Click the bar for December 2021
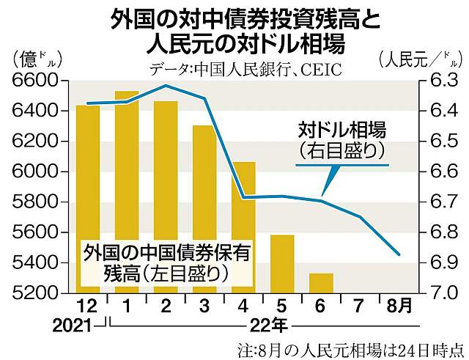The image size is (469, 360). pos(87,198)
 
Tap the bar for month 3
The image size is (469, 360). pos(204,208)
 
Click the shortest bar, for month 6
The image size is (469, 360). pos(320,282)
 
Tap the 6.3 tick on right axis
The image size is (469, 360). pos(439,80)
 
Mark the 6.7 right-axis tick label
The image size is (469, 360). pos(439,202)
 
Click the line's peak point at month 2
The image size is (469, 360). pos(166,86)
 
